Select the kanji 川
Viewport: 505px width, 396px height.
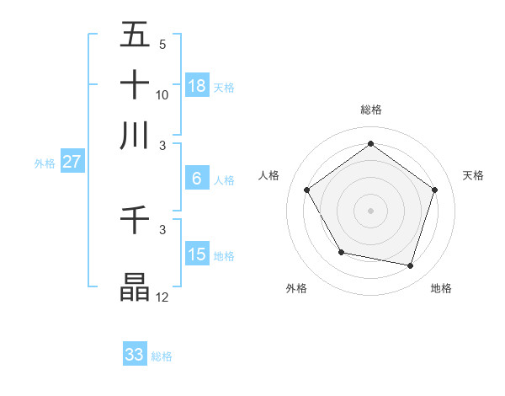pyautogui.click(x=136, y=135)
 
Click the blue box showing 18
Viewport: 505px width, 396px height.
pyautogui.click(x=197, y=85)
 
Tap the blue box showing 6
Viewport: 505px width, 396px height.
pyautogui.click(x=197, y=178)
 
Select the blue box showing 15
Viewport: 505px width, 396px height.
pyautogui.click(x=197, y=254)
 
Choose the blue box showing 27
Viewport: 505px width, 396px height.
pyautogui.click(x=72, y=162)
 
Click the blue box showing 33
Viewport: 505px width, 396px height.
pyautogui.click(x=135, y=355)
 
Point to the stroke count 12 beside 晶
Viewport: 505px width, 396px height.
pyautogui.click(x=162, y=297)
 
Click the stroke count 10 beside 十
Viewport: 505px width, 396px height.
pyautogui.click(x=162, y=94)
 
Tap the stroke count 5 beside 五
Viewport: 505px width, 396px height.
pyautogui.click(x=162, y=45)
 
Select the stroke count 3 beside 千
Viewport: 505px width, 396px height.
pyautogui.click(x=162, y=229)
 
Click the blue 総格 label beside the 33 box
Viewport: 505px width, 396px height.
pyautogui.click(x=162, y=356)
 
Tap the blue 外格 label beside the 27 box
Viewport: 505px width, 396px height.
pyautogui.click(x=45, y=163)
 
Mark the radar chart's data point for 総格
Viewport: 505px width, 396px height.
pyautogui.click(x=370, y=144)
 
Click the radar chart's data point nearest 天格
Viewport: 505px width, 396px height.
pyautogui.click(x=434, y=190)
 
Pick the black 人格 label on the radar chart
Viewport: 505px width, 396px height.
pyautogui.click(x=269, y=175)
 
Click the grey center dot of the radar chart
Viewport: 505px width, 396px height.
pyautogui.click(x=370, y=211)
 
